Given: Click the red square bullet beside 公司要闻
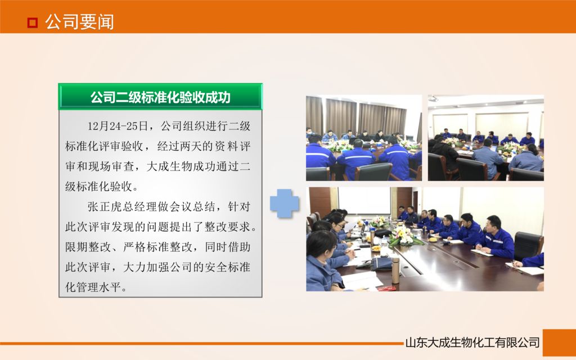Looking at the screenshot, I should tap(33, 22).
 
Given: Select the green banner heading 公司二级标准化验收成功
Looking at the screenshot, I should tap(160, 97).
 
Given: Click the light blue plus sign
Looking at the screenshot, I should tap(285, 203).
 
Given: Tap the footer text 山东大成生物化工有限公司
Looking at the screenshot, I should tap(472, 342).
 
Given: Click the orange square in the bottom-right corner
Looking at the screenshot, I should tap(559, 343).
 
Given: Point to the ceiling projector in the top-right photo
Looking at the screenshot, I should tap(433, 99).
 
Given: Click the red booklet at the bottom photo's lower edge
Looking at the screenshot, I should tap(386, 288).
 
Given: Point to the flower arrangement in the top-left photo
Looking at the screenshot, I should tap(340, 146).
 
